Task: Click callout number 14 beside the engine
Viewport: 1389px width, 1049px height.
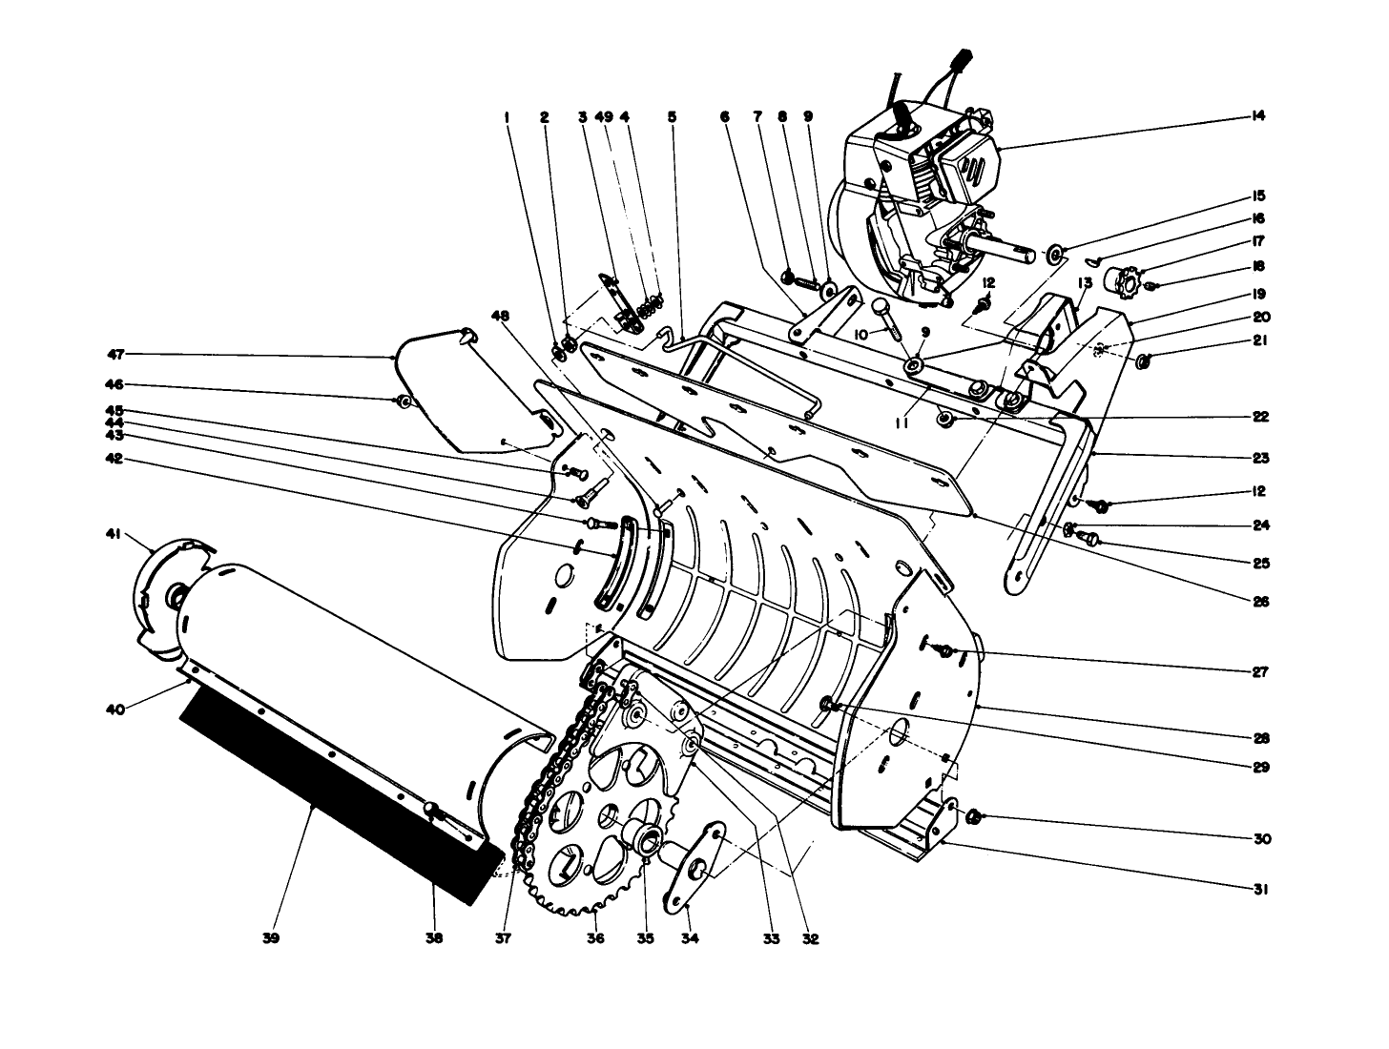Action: pos(1257,116)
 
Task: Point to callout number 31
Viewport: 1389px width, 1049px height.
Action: pos(1260,890)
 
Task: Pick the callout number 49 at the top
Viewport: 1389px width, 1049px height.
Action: pos(603,116)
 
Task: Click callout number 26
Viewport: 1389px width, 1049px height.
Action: pos(1260,602)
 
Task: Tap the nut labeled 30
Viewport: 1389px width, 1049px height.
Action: pos(974,816)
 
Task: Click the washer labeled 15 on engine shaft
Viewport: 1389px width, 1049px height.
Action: pos(1055,255)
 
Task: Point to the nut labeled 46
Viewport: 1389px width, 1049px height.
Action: pos(405,401)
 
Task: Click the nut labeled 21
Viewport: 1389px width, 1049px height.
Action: pos(1145,360)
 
